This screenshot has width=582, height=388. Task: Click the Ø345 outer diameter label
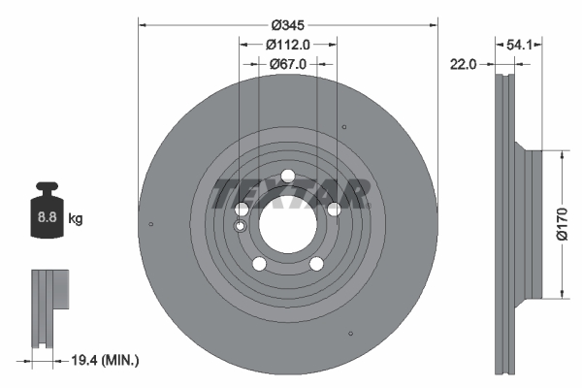pos(287,23)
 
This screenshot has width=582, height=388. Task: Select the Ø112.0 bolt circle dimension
pos(288,44)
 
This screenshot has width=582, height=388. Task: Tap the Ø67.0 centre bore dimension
pos(288,64)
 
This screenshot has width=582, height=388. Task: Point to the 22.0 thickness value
pos(463,64)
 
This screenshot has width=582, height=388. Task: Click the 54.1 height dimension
pos(519,44)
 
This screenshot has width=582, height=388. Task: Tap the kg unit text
pos(76,219)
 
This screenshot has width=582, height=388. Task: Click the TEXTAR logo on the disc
pos(290,193)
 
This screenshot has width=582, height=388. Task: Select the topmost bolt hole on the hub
pos(287,176)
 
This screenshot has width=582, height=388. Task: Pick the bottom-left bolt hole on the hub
pos(259,264)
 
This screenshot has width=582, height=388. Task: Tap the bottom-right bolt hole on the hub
pos(316,264)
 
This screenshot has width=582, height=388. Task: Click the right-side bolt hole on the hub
pos(334,209)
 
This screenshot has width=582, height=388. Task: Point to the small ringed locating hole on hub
pos(241,226)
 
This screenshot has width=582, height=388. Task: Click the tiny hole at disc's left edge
pos(151,226)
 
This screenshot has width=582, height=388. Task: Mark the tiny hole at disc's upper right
pos(345,127)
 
